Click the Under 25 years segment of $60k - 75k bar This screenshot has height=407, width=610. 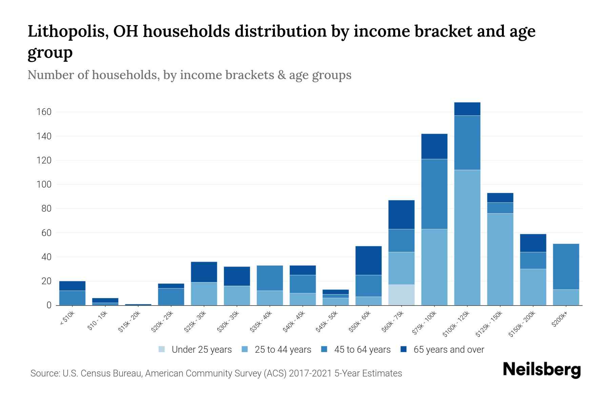click(x=401, y=295)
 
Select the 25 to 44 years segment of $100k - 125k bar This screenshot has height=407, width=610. click(x=467, y=237)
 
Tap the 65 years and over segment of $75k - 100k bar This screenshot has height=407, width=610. click(x=434, y=146)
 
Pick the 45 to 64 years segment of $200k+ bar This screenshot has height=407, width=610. click(x=566, y=267)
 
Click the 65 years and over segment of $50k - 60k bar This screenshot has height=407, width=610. click(x=368, y=260)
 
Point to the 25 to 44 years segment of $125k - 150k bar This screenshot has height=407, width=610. click(x=500, y=259)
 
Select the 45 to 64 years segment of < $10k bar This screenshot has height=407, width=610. click(x=72, y=298)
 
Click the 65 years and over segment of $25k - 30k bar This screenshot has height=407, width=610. click(x=204, y=272)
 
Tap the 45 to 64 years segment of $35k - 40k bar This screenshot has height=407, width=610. click(x=270, y=278)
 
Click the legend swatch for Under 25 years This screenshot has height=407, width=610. click(x=162, y=349)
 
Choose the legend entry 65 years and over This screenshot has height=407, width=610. click(x=448, y=349)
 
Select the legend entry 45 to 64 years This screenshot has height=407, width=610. click(x=362, y=349)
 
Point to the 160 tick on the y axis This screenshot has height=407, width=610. click(x=44, y=112)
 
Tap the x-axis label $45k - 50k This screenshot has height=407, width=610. click(x=327, y=321)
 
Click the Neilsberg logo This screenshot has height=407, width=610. click(x=542, y=370)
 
